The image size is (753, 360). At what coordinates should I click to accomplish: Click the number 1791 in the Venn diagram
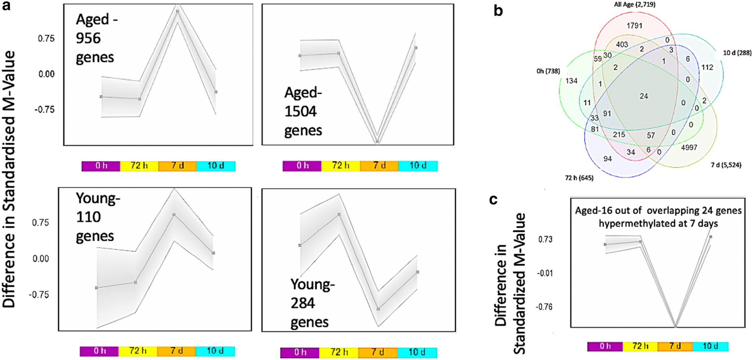634,26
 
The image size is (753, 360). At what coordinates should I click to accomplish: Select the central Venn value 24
644,96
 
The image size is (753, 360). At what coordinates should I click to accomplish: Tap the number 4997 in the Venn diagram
689,148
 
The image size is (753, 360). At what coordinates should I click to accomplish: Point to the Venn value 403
622,44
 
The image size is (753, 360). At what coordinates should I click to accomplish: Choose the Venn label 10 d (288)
737,53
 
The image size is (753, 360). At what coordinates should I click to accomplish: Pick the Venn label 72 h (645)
579,178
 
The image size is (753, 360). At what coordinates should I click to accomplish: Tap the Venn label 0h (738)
548,71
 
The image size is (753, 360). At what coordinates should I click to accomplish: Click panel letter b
498,11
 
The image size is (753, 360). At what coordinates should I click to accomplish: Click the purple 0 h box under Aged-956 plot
101,166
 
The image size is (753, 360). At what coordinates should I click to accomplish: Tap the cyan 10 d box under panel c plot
710,346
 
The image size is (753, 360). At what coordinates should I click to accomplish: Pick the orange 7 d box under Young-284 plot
377,352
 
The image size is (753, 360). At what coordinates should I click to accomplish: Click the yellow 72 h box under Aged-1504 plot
340,166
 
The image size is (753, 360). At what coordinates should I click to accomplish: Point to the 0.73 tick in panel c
545,240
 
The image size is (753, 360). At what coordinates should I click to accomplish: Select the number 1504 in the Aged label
301,112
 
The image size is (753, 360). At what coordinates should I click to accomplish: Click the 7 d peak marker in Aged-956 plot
178,11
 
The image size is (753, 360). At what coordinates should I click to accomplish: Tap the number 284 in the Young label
303,303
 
